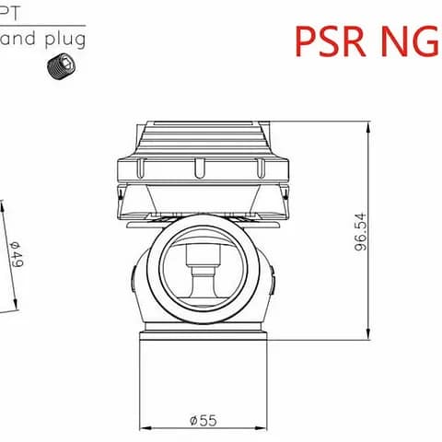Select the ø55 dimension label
(x=203, y=420)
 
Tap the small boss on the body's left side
(x=134, y=275)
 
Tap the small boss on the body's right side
(x=273, y=275)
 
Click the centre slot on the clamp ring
(x=200, y=168)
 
